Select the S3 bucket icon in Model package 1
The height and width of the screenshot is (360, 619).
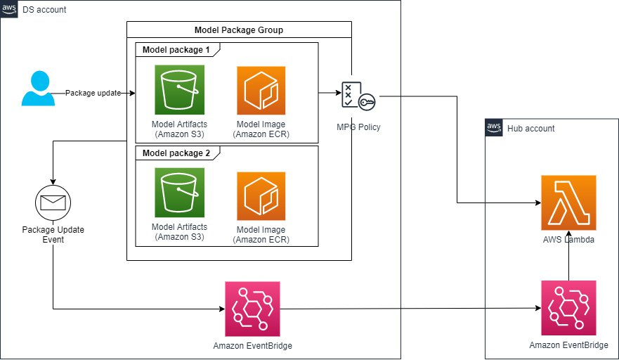pos(179,90)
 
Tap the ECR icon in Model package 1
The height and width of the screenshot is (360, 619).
pos(261,90)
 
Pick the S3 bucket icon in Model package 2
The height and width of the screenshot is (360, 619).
pos(179,191)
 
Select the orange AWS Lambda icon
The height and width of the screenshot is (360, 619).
pos(568,203)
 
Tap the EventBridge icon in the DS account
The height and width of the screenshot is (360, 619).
pos(252,309)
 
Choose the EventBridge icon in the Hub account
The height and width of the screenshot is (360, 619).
pos(568,308)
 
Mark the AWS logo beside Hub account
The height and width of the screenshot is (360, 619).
pos(494,128)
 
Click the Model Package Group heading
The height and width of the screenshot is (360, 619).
pos(238,30)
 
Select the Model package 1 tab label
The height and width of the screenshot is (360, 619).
pos(176,50)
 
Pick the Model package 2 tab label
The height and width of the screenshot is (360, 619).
pos(176,153)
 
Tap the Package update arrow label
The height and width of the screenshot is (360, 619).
pos(93,93)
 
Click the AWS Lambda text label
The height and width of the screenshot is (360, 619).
pos(568,240)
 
